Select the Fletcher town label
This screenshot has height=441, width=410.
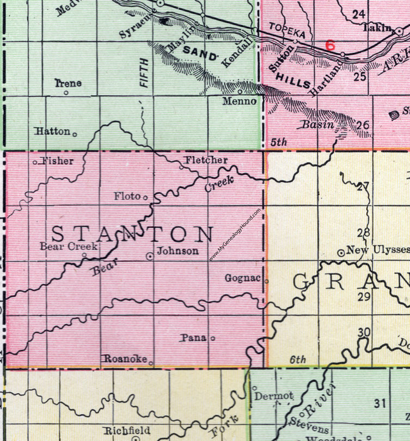205,160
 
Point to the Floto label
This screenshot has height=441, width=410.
128,196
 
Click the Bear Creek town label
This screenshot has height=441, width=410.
69,247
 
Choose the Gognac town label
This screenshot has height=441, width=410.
243,278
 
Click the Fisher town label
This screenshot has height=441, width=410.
57,161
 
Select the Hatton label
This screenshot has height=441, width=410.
52,131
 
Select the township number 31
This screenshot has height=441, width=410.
380,403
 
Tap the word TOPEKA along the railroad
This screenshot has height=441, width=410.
283,32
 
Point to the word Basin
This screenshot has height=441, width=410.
318,125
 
